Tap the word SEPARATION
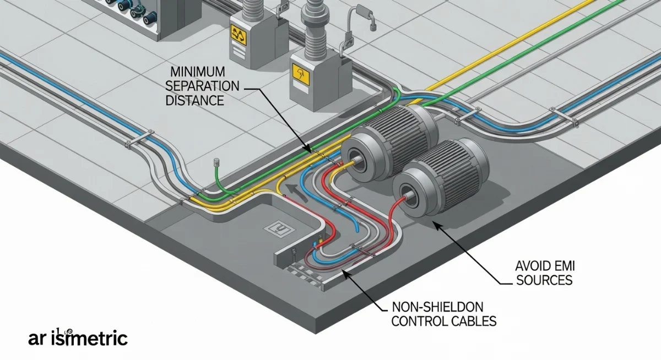pos(203,87)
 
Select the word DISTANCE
pos(197,101)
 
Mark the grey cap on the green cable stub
pos(216,162)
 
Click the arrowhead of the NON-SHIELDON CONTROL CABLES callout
pos(345,272)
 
